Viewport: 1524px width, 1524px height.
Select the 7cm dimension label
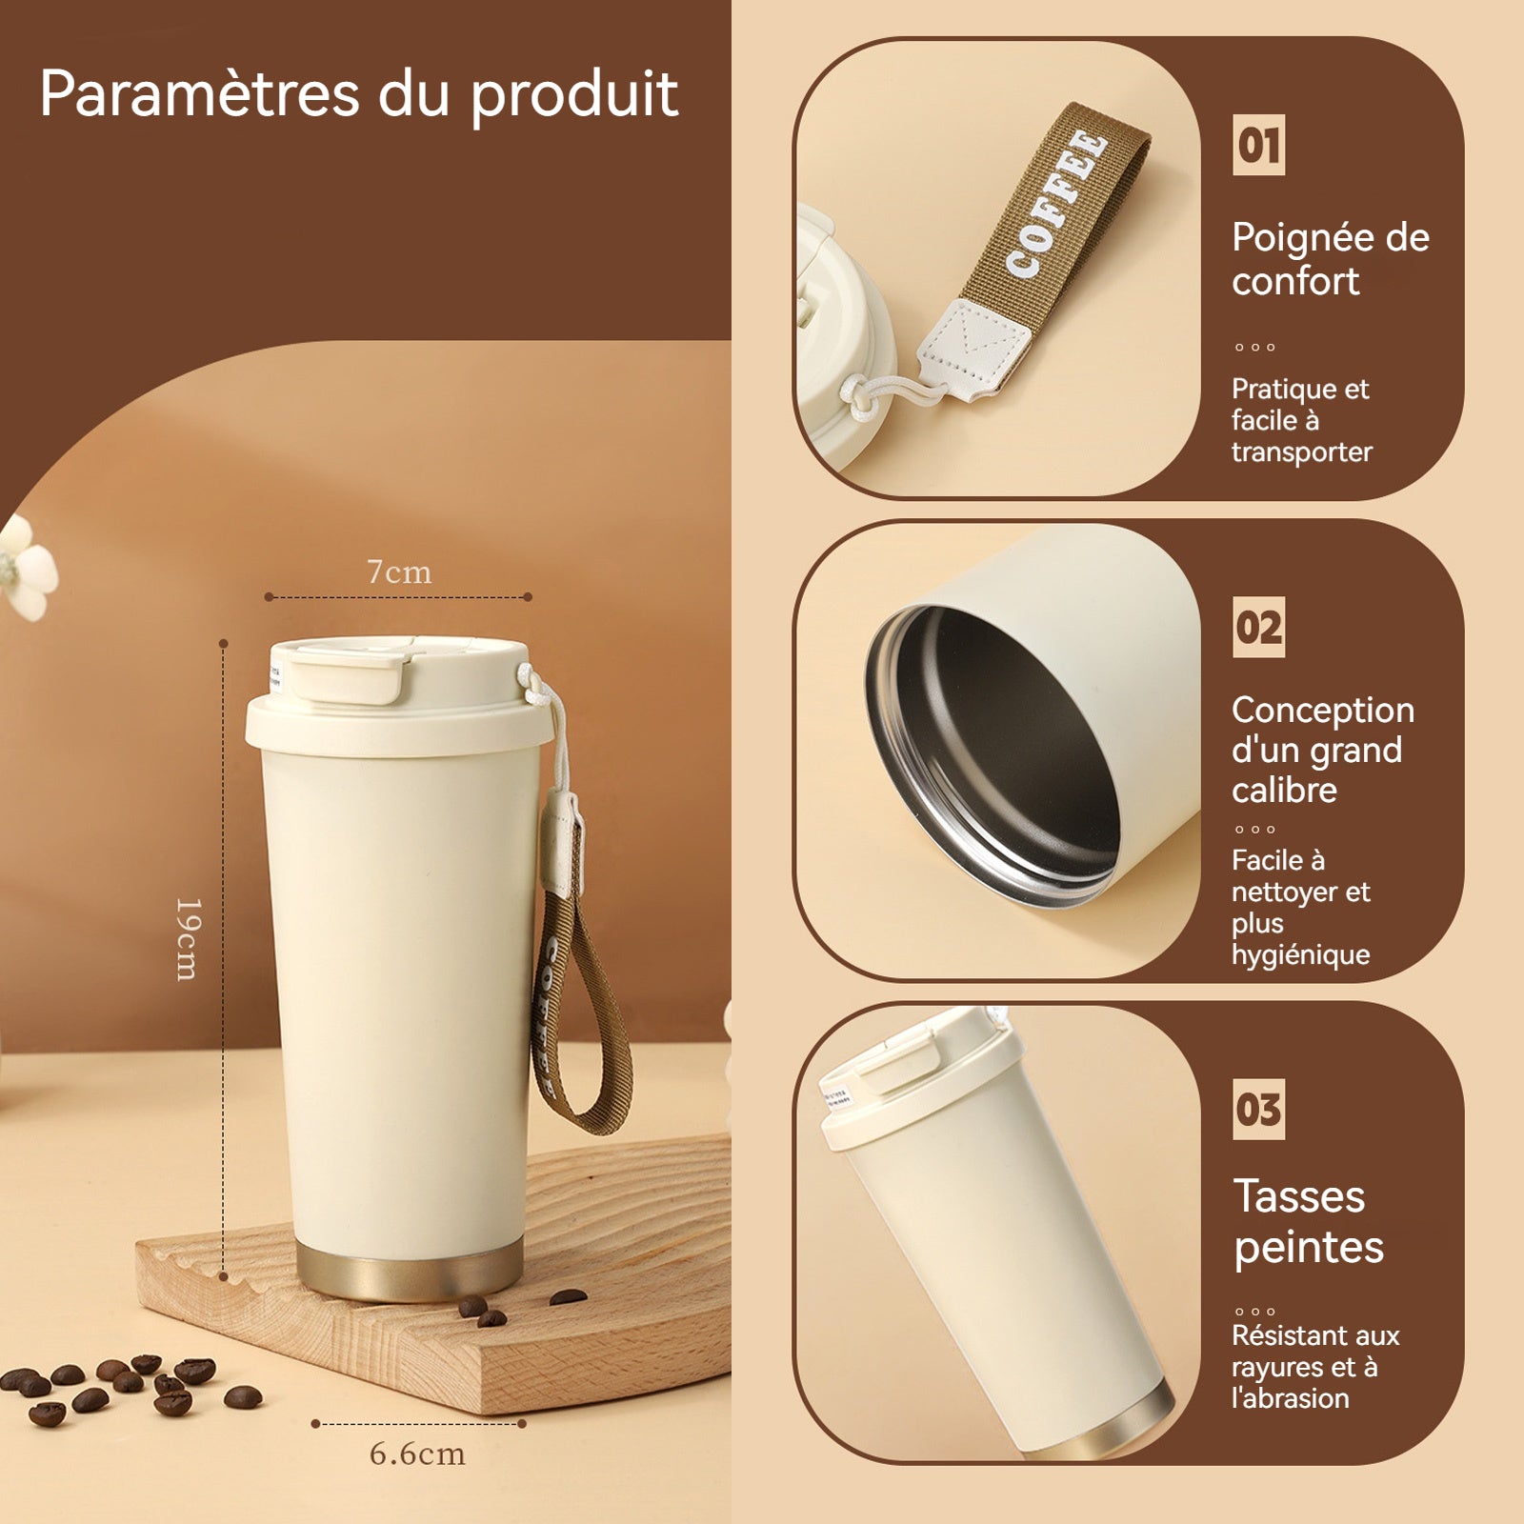pos(399,571)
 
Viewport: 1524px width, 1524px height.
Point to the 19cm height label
pos(188,939)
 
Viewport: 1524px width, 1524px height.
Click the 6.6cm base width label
pos(417,1454)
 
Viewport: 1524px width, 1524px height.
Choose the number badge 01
pos(1258,145)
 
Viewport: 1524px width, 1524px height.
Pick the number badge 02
pos(1258,627)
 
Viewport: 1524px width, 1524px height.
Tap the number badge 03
pos(1258,1109)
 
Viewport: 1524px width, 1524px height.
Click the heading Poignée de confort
pos(1330,259)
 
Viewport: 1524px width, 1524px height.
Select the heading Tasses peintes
pos(1309,1222)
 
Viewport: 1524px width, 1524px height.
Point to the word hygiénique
pos(1300,954)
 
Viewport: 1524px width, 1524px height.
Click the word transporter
pos(1301,451)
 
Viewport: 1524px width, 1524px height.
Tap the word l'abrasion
pos(1290,1398)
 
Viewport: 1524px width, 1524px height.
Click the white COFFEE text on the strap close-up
pos(1056,206)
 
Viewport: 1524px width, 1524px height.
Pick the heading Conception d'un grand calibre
pos(1322,750)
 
